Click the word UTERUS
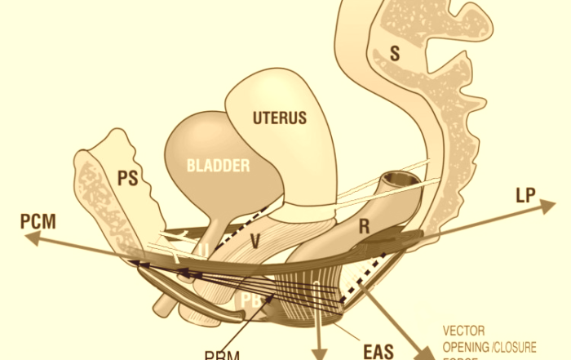point(280,118)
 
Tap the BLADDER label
point(218,166)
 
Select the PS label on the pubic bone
point(127,180)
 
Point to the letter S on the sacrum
point(395,55)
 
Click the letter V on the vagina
point(255,242)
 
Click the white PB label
point(248,301)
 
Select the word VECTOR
point(463,332)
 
